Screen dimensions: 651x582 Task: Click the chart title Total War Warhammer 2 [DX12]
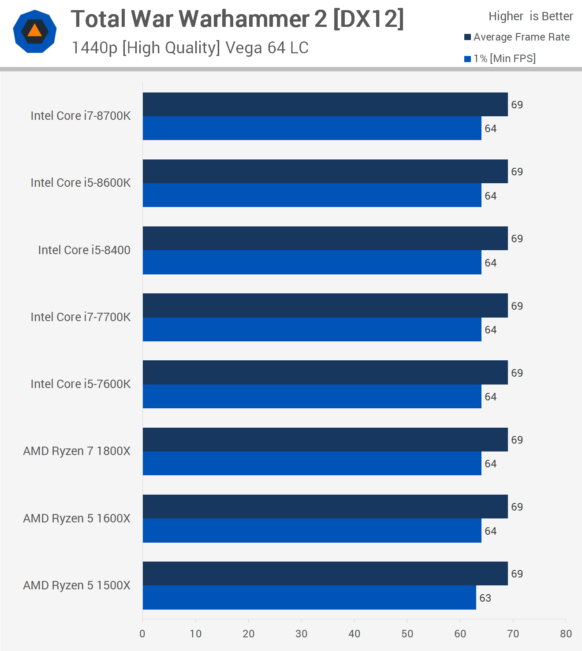237,19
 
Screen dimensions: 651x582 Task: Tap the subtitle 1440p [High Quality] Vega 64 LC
190,48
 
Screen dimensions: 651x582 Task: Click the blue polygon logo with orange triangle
35,32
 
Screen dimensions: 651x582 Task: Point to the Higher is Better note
530,16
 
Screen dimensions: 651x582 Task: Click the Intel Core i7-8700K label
81,116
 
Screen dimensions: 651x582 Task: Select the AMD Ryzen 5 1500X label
77,585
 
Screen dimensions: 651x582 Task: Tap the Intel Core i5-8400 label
84,250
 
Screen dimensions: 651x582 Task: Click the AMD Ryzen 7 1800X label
77,451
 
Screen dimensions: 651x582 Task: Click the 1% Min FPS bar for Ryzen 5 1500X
309,598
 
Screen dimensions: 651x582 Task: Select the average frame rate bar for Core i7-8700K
325,104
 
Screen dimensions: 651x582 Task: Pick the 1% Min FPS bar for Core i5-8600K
312,195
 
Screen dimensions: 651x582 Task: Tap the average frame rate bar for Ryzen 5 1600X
325,507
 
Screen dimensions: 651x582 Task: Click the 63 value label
485,598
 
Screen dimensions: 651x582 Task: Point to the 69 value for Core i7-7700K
517,306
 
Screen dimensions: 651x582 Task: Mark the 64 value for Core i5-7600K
490,397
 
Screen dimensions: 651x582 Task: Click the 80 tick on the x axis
566,634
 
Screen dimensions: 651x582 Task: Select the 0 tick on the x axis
142,634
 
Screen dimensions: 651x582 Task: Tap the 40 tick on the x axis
354,634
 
